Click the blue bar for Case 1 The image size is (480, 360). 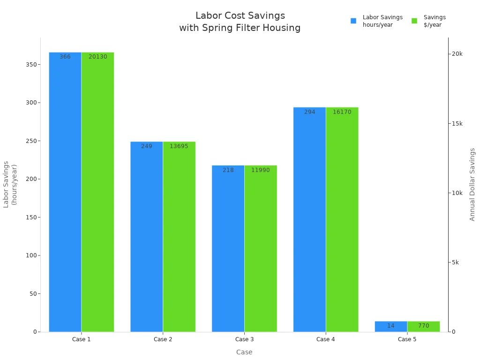click(x=65, y=192)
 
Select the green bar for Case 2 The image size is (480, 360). click(x=179, y=237)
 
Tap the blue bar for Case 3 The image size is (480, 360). click(x=228, y=248)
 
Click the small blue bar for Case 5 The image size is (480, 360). click(x=391, y=326)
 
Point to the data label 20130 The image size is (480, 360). click(x=98, y=57)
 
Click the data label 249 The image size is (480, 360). click(x=147, y=146)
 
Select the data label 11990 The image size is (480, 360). click(x=261, y=170)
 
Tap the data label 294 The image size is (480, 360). click(x=310, y=112)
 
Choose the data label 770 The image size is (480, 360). click(x=424, y=326)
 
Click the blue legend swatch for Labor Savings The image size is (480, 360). click(x=353, y=21)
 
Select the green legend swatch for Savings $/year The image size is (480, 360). click(x=414, y=21)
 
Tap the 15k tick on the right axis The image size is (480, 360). click(x=457, y=123)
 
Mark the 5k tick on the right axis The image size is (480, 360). click(x=455, y=262)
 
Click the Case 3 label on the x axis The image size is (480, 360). click(x=244, y=339)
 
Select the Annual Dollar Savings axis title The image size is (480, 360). click(x=472, y=184)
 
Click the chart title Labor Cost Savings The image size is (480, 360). click(x=240, y=16)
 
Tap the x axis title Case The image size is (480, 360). click(x=244, y=352)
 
